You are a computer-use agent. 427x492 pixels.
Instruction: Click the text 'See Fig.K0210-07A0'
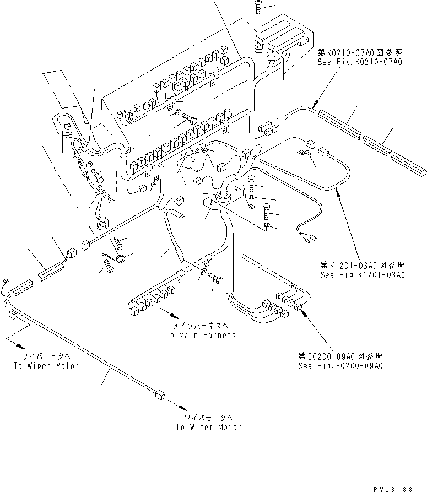[x=359, y=62]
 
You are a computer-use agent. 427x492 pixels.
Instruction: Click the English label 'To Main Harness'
[x=199, y=335]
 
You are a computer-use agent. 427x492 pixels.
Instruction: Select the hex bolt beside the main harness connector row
[x=215, y=281]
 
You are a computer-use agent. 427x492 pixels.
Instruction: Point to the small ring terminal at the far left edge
[x=6, y=280]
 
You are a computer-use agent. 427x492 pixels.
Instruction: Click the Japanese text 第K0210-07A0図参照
[x=359, y=53]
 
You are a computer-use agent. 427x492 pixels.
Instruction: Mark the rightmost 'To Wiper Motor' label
[x=208, y=426]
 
